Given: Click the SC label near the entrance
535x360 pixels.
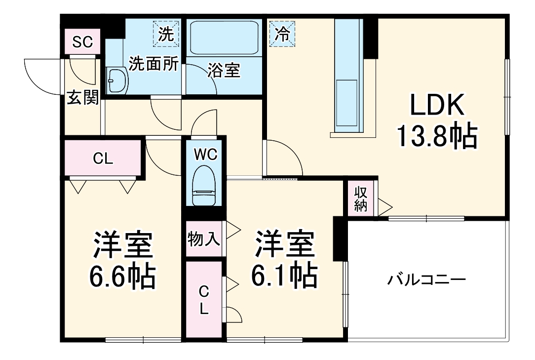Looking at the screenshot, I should (x=82, y=42).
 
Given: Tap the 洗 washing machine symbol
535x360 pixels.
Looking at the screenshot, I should (x=166, y=34).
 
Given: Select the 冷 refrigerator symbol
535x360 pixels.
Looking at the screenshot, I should (x=282, y=34).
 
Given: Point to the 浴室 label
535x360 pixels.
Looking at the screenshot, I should (x=224, y=71).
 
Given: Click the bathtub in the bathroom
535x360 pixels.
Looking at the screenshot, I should (x=224, y=38).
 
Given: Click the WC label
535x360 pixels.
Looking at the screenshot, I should (x=205, y=155).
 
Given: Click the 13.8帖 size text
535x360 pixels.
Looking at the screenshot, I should (x=438, y=136).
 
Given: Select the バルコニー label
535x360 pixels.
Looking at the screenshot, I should (x=426, y=280).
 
